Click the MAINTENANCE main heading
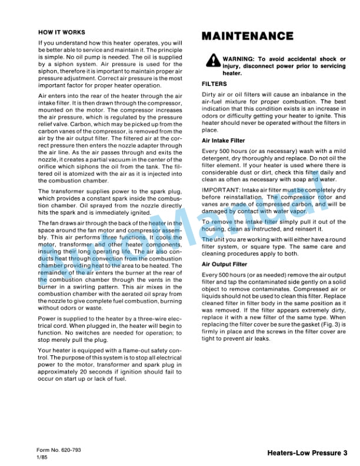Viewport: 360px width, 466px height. (x=248, y=36)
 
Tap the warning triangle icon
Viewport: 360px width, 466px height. (x=211, y=61)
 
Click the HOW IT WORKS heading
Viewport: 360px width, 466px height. (x=61, y=32)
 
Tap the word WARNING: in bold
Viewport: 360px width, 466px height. (x=241, y=59)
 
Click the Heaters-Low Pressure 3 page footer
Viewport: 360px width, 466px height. (x=306, y=453)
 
